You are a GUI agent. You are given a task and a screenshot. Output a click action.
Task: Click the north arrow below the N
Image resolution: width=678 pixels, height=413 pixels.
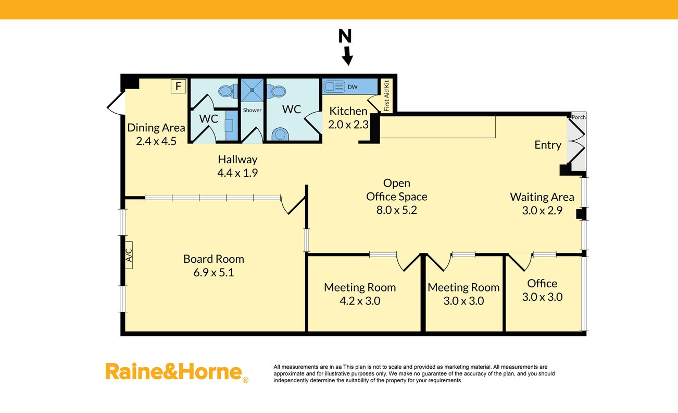point(347,56)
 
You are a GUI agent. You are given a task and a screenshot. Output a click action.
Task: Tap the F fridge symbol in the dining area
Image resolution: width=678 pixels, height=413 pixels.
point(178,86)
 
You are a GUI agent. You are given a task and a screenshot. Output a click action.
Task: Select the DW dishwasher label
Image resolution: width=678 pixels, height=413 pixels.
point(353,87)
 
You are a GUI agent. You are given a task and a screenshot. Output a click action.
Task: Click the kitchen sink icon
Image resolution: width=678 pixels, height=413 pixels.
point(334,87)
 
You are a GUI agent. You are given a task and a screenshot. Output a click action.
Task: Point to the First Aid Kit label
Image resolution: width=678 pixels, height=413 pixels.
point(386,95)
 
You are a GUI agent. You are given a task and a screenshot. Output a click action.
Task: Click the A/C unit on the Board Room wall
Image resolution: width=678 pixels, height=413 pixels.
point(129,255)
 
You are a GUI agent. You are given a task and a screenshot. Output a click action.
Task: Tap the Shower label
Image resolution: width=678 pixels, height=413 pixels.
point(252,111)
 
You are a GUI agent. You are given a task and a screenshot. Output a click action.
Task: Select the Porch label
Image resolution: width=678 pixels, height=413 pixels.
point(579,117)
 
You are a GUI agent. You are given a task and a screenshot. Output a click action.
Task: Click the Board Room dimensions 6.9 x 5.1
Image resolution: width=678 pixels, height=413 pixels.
point(214,272)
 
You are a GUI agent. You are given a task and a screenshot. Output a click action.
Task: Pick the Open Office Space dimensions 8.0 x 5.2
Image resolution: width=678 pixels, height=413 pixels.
point(396,210)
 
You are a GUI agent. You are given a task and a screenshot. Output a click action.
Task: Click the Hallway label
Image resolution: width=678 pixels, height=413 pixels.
point(237,160)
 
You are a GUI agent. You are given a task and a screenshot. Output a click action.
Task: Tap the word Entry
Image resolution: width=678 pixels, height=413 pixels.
point(548,145)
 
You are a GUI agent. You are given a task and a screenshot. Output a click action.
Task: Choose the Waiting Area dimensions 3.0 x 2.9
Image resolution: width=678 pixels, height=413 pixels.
point(542,210)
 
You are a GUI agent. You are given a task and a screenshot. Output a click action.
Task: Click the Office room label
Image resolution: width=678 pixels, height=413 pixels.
point(542,283)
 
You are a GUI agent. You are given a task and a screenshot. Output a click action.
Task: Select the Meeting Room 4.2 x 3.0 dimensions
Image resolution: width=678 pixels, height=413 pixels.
point(360,300)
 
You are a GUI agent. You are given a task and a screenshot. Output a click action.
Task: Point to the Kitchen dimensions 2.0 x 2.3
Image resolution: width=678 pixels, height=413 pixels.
point(348,125)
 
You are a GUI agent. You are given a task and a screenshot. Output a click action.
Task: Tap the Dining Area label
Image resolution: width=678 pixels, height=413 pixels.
point(156,128)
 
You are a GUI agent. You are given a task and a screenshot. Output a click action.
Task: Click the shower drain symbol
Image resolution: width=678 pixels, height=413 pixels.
point(252,90)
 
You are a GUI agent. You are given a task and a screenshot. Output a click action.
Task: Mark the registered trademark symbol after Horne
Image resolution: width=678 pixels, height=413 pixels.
point(245,380)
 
